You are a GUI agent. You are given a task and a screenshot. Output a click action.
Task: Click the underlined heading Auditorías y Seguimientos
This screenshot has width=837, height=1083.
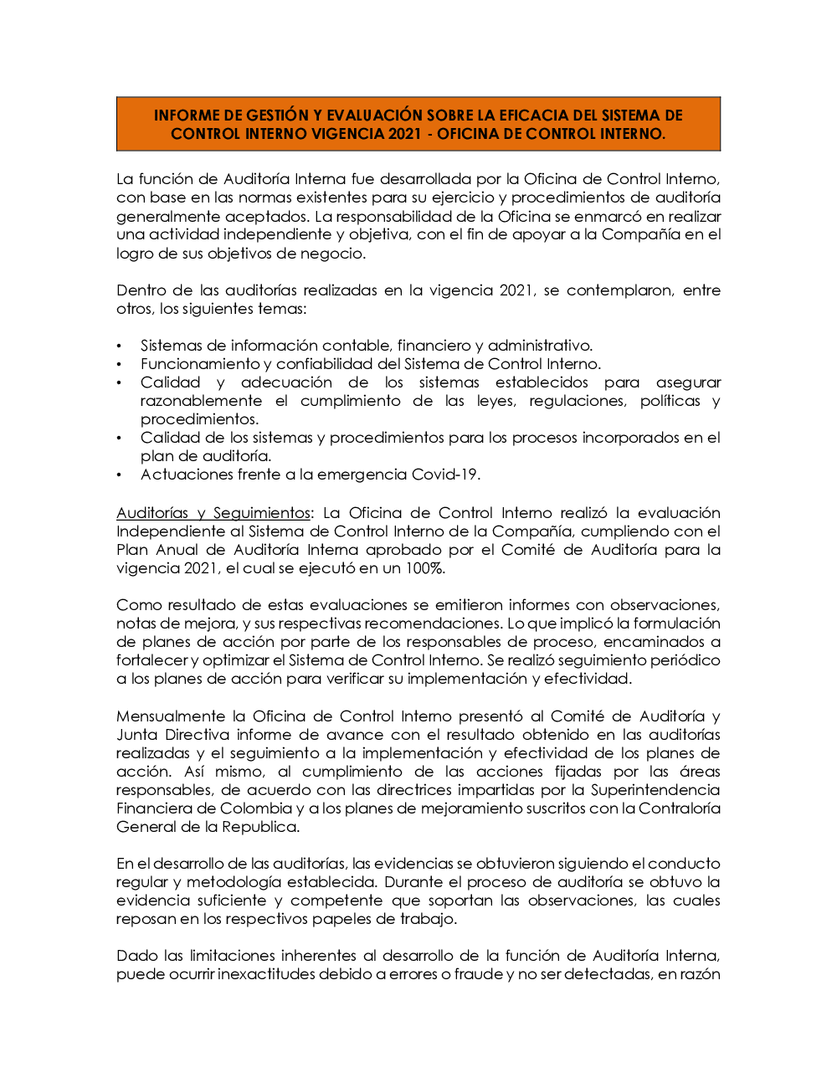(213, 513)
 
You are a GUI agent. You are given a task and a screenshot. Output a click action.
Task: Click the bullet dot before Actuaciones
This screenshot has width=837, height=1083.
(120, 475)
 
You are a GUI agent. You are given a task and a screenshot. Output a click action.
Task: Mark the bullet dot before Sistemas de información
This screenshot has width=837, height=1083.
(120, 346)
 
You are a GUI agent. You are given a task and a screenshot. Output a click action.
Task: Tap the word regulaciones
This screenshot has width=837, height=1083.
(577, 401)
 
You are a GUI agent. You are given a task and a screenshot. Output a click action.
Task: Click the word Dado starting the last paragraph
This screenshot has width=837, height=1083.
(137, 956)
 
